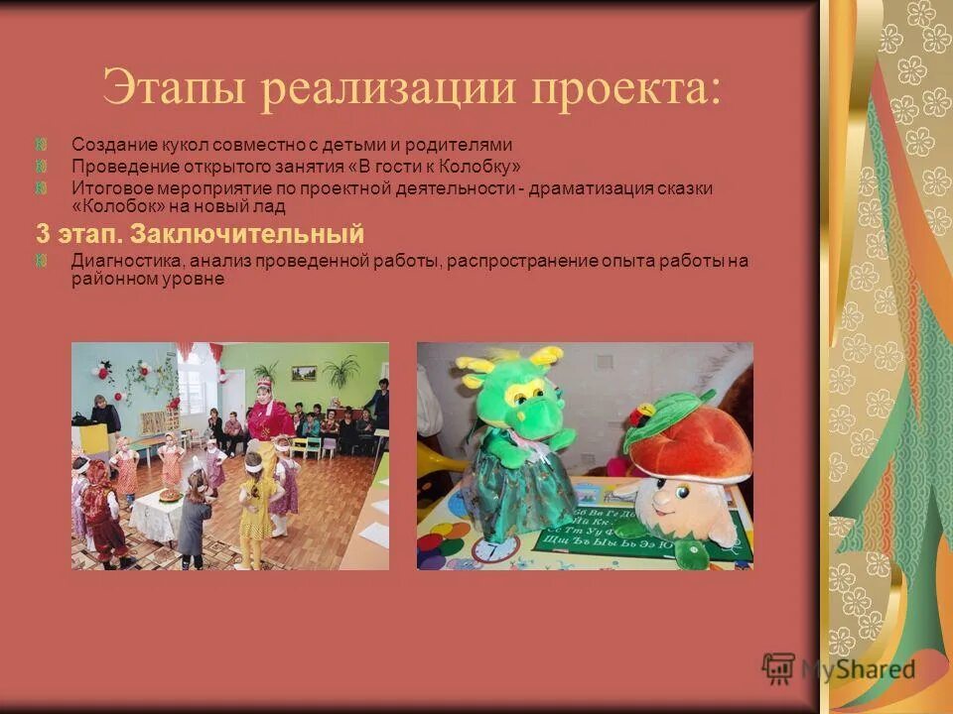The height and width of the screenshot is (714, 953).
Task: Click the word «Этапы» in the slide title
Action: click(x=170, y=89)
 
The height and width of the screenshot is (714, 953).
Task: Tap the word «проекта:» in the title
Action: click(x=626, y=89)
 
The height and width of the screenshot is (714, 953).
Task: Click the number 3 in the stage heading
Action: click(x=43, y=235)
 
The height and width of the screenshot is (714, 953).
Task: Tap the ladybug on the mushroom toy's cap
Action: click(x=646, y=410)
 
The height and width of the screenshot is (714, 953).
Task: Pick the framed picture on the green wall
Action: click(x=304, y=373)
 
